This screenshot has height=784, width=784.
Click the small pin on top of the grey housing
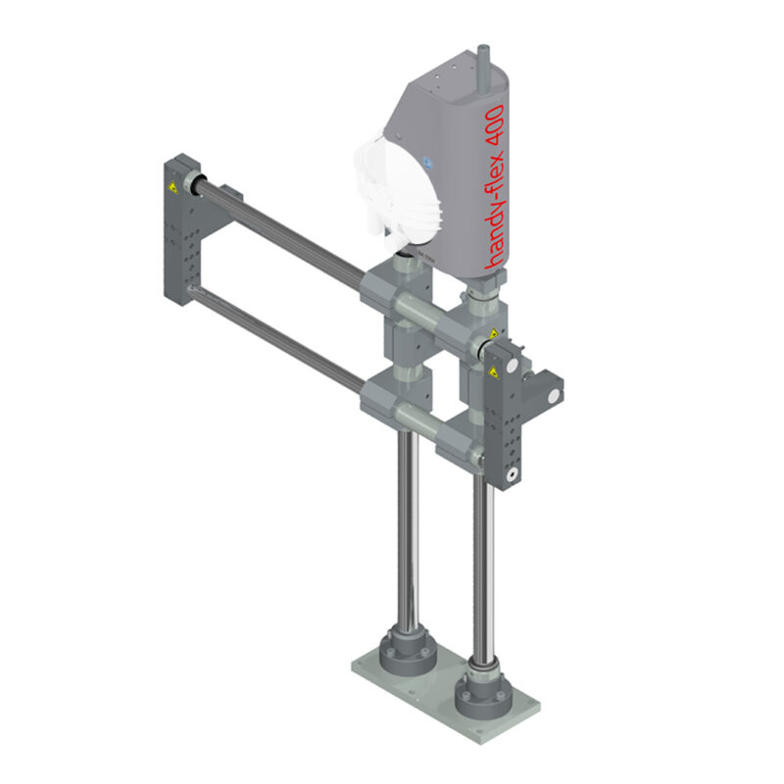(x=480, y=56)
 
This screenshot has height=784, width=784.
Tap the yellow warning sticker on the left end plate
(x=172, y=185)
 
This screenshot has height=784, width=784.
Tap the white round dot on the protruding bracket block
(x=554, y=395)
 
